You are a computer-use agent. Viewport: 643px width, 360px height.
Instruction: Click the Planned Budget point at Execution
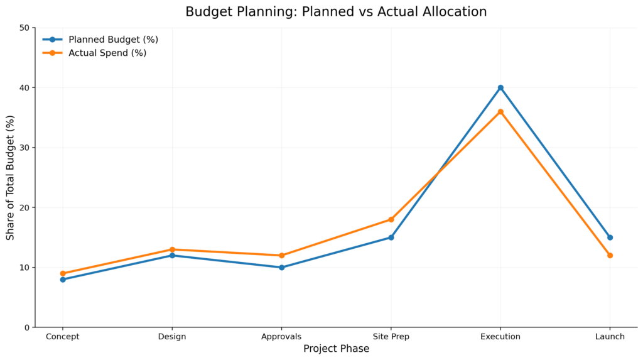coord(500,88)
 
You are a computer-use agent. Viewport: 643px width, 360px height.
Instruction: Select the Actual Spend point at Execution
coord(500,112)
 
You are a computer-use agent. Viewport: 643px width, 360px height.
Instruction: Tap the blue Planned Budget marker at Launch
coord(610,237)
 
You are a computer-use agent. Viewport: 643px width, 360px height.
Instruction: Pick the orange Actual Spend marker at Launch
coord(610,255)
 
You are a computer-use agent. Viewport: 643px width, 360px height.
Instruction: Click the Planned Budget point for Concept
coord(63,280)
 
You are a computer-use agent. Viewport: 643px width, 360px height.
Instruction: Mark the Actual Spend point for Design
coord(172,249)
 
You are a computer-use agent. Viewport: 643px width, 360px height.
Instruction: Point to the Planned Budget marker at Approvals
coord(281,268)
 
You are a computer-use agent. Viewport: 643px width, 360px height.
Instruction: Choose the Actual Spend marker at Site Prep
coord(391,219)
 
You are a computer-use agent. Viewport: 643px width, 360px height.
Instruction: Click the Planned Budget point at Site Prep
coord(391,237)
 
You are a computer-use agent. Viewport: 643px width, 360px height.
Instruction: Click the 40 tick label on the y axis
coord(24,88)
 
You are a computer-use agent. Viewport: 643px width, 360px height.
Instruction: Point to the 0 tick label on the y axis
coord(26,327)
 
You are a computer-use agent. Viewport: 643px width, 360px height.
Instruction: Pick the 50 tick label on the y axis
coord(24,28)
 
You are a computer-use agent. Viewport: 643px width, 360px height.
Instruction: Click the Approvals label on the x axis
coord(281,337)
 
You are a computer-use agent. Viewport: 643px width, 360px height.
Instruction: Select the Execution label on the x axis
coord(500,337)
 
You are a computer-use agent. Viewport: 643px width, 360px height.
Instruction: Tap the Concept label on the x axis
coord(63,337)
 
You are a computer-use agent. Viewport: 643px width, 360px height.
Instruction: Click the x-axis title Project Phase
coord(336,349)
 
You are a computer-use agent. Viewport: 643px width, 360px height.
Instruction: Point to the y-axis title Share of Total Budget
coord(11,177)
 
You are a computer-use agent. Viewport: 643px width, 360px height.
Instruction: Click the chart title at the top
coord(336,12)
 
